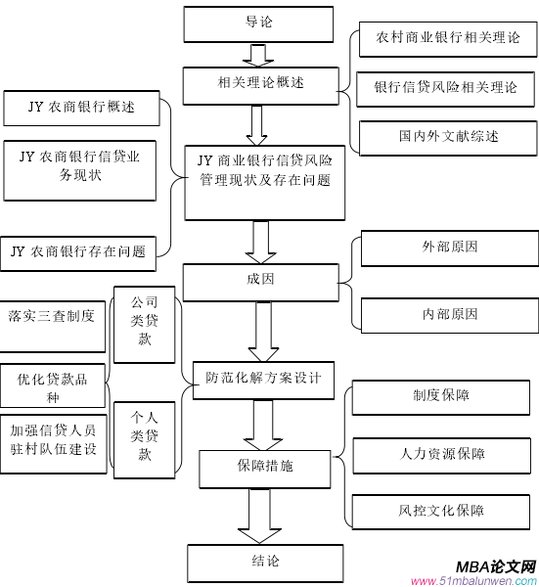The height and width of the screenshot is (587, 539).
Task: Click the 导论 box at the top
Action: (258, 23)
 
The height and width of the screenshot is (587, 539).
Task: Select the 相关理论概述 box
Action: (258, 84)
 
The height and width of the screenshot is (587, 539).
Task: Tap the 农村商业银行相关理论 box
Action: (446, 38)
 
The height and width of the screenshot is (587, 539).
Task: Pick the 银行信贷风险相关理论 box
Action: (446, 88)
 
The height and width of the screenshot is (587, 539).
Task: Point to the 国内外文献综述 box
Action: (446, 135)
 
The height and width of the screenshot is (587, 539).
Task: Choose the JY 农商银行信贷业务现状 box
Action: (82, 167)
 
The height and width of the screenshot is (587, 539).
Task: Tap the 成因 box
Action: (260, 280)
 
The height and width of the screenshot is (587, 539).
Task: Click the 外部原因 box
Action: (449, 248)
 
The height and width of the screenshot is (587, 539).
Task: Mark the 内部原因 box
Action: (449, 314)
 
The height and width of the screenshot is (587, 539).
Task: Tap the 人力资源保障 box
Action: (442, 454)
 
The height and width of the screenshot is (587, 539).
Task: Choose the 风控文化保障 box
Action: (442, 511)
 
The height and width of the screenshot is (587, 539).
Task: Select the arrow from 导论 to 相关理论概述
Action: (258, 54)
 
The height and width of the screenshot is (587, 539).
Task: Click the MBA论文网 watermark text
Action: (496, 566)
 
